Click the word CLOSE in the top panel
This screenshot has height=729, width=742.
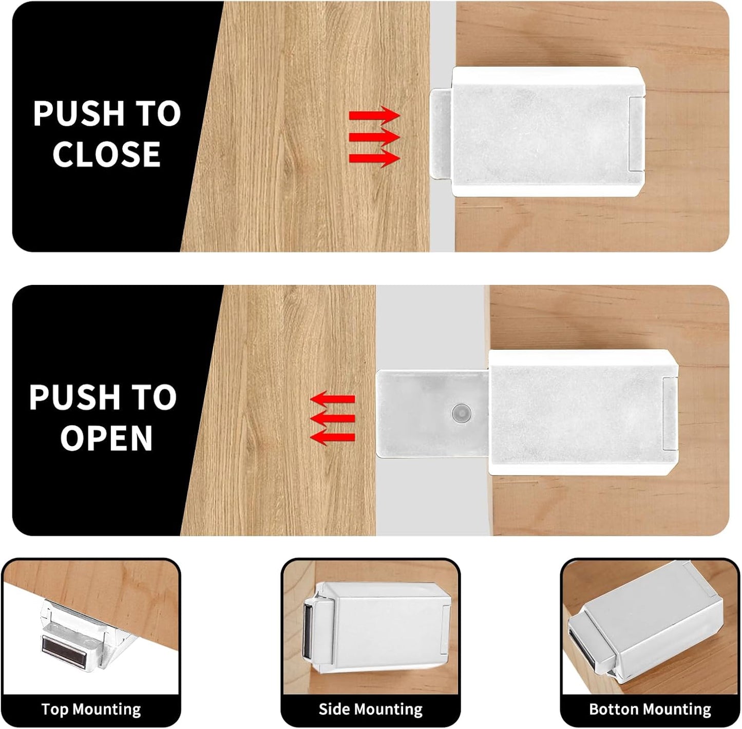click(106, 154)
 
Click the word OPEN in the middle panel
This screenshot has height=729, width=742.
click(106, 437)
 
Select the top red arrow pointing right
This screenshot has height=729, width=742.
click(374, 115)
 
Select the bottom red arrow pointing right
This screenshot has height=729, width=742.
click(374, 158)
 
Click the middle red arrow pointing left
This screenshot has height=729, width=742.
click(333, 418)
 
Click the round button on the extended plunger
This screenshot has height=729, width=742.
click(461, 412)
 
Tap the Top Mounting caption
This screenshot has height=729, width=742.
click(91, 709)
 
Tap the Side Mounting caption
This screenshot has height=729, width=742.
click(370, 709)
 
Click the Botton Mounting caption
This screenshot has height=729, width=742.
click(650, 709)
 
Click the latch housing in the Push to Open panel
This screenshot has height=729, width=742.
click(580, 413)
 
